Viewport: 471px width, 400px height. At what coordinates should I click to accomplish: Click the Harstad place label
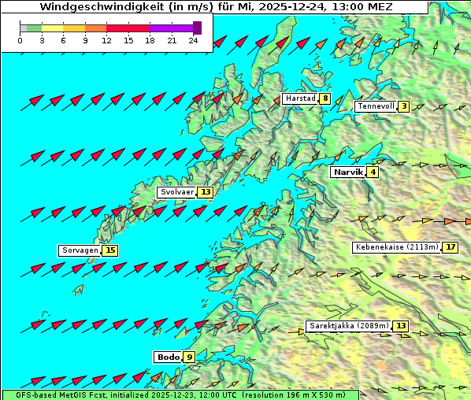pos(299,99)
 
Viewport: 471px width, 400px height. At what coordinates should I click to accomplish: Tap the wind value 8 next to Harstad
pos(325,99)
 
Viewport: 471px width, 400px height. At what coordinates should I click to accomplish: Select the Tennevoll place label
pos(375,106)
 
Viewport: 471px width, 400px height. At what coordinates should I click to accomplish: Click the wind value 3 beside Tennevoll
pos(403,106)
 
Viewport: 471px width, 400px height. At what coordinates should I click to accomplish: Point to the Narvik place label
pos(347,172)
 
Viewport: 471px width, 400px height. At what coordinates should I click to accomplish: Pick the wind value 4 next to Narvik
pos(373,172)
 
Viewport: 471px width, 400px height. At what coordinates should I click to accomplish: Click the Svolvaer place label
pos(176,192)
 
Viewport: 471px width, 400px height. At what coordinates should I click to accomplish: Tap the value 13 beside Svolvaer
pos(206,192)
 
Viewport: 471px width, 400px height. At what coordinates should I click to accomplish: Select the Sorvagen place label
pos(80,250)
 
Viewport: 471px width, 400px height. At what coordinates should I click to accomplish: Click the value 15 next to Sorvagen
pos(110,250)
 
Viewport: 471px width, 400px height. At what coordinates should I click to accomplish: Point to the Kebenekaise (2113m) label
pos(396,247)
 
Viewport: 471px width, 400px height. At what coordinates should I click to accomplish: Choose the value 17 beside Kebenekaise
pos(451,247)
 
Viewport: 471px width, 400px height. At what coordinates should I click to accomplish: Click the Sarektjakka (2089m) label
pos(348,326)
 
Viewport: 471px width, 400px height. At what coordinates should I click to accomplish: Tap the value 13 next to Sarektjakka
pos(401,326)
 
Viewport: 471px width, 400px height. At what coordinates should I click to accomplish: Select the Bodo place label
pos(168,357)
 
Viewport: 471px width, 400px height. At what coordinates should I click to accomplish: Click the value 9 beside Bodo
pos(190,357)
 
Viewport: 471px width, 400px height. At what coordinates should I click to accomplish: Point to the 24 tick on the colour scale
pos(193,39)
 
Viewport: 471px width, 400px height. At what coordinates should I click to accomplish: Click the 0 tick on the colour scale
pos(20,39)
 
